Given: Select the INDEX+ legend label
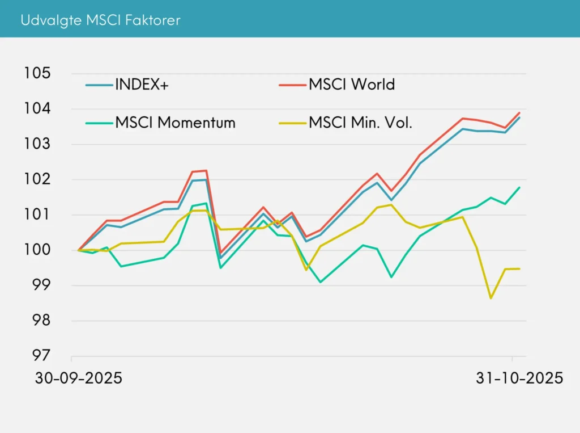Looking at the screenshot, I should tap(142, 85).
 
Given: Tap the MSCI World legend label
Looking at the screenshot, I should tap(351, 85).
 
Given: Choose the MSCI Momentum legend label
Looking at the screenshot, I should tap(175, 122).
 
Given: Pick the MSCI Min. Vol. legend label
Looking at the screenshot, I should tap(360, 122).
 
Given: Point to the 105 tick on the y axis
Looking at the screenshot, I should tap(37, 73).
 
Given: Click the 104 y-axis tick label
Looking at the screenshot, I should tap(37, 108).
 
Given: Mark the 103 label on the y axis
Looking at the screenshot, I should tap(37, 144).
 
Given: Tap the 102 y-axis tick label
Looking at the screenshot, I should tap(37, 179).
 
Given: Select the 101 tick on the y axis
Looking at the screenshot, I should tap(37, 215).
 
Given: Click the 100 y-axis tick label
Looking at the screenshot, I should tap(37, 250).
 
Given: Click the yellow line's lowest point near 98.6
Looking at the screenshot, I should tap(491, 298).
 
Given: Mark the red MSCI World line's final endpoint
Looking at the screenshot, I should tap(519, 112).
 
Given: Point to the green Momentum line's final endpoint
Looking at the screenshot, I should tap(519, 187).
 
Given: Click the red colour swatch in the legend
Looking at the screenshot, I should tap(291, 85).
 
